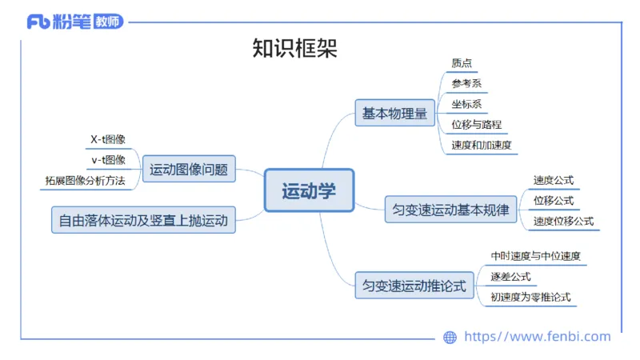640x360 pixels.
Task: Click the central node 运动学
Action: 309,190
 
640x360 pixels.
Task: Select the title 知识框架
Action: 294,49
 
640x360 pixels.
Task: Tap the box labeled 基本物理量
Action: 394,114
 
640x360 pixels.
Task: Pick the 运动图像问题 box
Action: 189,170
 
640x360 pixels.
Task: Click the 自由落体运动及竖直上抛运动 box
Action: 143,219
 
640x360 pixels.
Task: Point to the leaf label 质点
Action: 462,63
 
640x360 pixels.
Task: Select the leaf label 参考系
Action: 466,83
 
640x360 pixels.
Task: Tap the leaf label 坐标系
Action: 466,104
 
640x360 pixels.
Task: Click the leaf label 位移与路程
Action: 476,125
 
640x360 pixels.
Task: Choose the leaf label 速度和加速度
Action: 481,146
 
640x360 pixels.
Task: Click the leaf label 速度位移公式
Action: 563,221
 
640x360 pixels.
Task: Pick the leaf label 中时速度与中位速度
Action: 535,257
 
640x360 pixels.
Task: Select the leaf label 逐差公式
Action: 510,277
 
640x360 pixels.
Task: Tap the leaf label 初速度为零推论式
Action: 530,298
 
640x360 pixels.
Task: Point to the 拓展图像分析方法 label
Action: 85,181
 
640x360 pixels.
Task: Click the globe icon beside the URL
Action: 450,338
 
